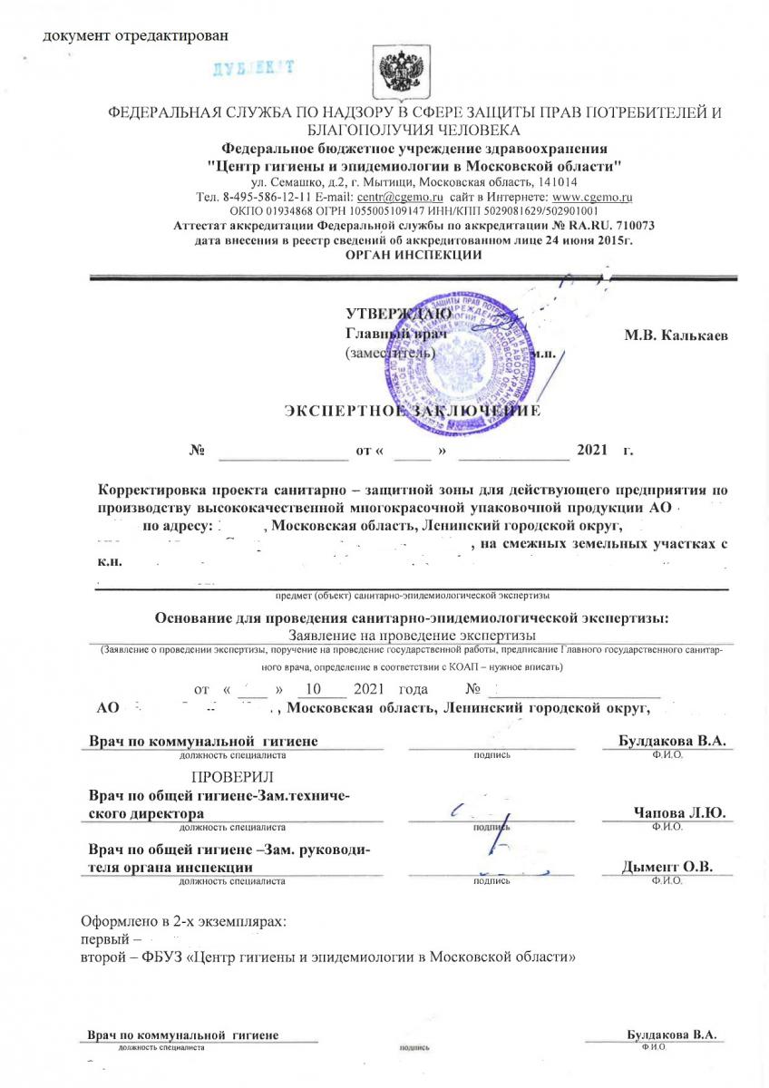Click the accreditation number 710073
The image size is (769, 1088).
(633, 226)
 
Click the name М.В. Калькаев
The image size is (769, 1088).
(676, 335)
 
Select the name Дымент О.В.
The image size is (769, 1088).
(667, 867)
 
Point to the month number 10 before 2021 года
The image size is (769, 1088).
(314, 688)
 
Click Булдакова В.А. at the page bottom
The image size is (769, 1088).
(672, 1035)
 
